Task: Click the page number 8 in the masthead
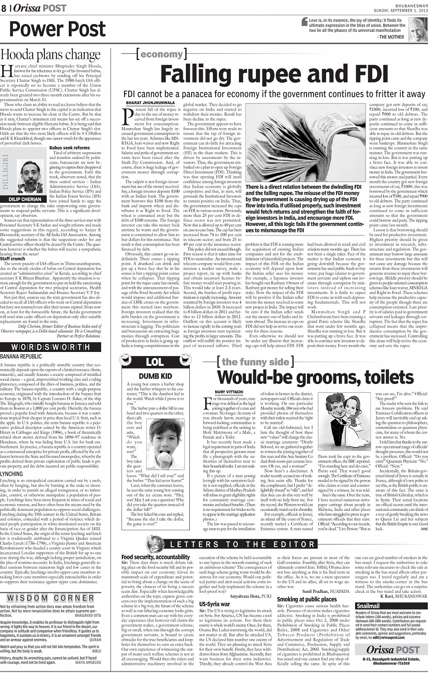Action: [4, 8]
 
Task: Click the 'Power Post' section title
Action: [57, 29]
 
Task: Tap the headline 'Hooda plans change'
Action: [50, 55]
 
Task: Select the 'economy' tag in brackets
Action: [161, 54]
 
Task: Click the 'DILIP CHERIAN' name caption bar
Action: [25, 199]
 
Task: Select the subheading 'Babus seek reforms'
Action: [69, 148]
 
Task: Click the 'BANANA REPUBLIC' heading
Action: [21, 356]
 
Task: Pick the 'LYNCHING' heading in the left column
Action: [12, 474]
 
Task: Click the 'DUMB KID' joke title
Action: [155, 376]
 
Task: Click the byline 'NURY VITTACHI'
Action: [229, 392]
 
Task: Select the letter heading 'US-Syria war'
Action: [215, 604]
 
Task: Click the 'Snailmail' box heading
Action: [368, 606]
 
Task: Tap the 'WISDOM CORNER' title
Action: [51, 598]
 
